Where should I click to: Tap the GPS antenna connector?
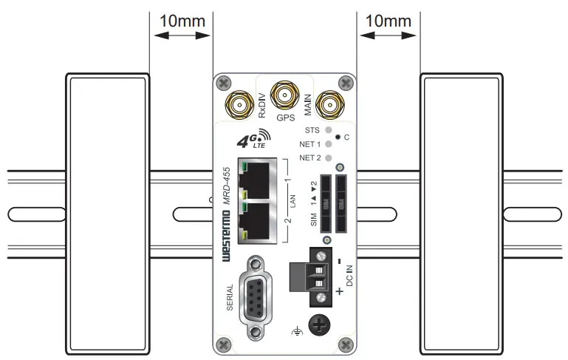284,95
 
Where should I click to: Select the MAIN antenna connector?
329,106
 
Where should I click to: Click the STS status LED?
329,129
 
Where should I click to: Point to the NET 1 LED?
329,143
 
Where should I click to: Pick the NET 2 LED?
329,157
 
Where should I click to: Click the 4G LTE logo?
251,140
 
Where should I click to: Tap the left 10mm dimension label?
181,21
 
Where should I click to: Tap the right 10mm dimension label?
388,21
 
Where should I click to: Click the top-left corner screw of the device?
224,83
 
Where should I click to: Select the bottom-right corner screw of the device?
343,344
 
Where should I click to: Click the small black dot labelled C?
338,137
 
